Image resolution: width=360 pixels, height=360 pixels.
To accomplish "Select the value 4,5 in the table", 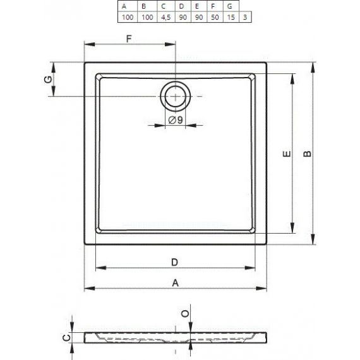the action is click(x=165, y=17).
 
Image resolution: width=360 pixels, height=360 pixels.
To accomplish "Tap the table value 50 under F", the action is click(x=215, y=17).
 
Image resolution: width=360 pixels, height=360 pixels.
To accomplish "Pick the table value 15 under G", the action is click(x=231, y=17).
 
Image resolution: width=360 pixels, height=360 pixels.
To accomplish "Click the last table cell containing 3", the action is click(x=245, y=17).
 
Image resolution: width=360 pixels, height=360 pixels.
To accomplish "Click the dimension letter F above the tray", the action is click(x=129, y=39).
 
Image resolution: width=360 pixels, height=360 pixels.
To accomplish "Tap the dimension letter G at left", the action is click(x=48, y=80).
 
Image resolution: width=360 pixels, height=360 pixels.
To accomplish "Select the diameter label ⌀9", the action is click(x=176, y=120).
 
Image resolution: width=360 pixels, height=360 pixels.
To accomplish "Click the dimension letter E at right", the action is click(x=286, y=154).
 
